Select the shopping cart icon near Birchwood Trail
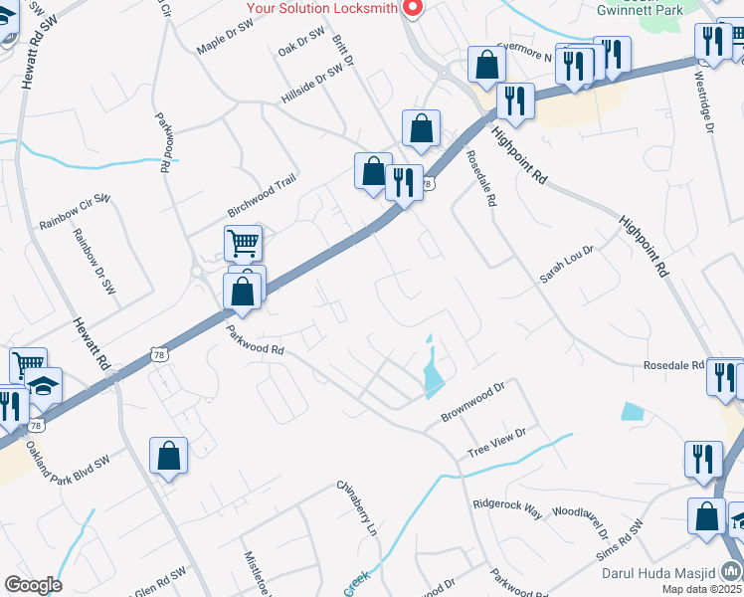(x=243, y=242)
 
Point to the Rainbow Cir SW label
(x=72, y=212)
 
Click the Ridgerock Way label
(x=507, y=508)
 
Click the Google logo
(x=33, y=585)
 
